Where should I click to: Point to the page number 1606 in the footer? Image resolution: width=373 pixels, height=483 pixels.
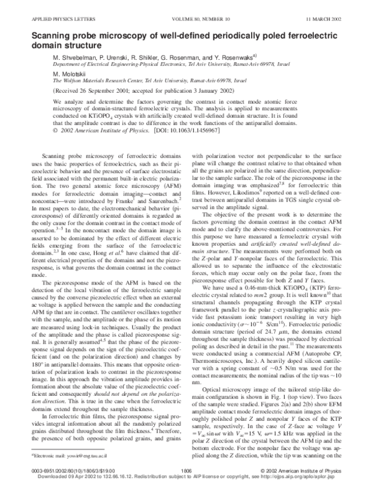click(185, 471)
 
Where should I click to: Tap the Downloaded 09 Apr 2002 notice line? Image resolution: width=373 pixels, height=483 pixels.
click(186, 477)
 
